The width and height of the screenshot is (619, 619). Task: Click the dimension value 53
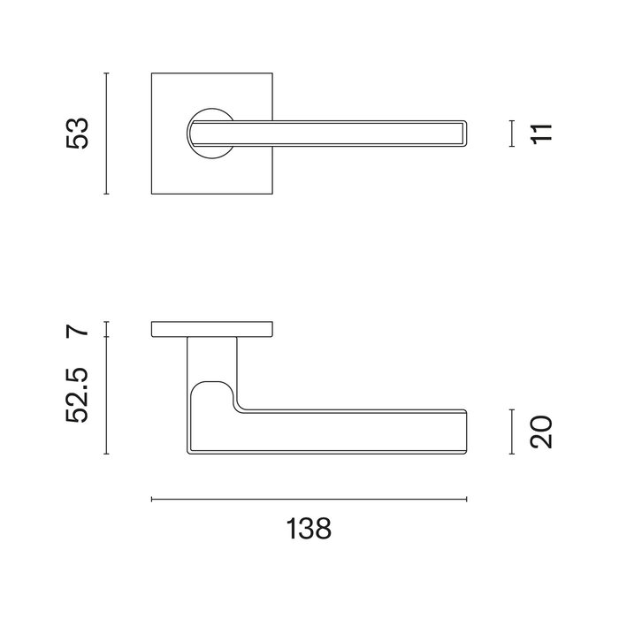tap(79, 133)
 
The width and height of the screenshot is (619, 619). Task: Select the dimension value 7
tap(79, 331)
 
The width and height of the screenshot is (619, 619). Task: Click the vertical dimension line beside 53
tap(106, 134)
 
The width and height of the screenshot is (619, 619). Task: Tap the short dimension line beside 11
tap(513, 133)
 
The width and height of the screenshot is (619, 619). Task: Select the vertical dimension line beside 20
tap(513, 432)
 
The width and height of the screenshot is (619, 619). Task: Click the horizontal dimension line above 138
tap(309, 500)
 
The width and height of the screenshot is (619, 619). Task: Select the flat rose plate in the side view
tap(212, 330)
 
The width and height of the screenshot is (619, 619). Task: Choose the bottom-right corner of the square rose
tap(271, 192)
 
